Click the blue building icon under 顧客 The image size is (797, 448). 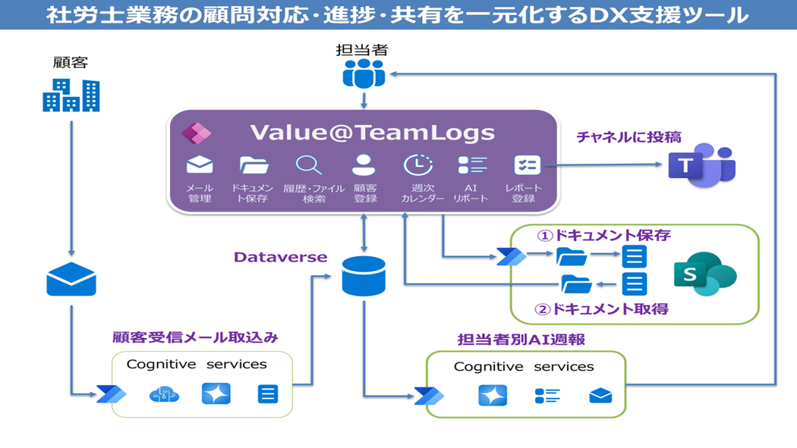[x=71, y=96]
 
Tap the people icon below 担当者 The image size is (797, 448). [x=364, y=74]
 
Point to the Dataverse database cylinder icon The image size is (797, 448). [x=364, y=276]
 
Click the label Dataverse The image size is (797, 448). [x=280, y=258]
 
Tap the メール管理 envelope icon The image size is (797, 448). [x=200, y=165]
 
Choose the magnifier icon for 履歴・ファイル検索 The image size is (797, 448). [x=309, y=165]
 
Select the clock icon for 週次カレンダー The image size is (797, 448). [x=417, y=165]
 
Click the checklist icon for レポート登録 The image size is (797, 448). [x=526, y=165]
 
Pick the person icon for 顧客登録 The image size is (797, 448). [x=364, y=165]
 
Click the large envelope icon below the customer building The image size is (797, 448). [x=71, y=280]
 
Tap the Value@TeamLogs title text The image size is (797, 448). [x=372, y=133]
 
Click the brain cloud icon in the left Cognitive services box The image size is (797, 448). [x=164, y=394]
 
